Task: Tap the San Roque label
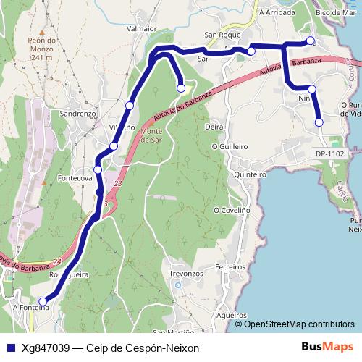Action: click(221, 35)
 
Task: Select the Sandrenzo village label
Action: click(80, 114)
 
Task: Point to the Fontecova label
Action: click(76, 177)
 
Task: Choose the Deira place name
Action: click(214, 127)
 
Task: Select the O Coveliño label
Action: click(232, 210)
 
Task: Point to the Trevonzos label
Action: click(185, 274)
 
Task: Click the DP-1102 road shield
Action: click(329, 153)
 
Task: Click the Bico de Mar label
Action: click(336, 13)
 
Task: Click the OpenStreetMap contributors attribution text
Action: click(299, 324)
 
